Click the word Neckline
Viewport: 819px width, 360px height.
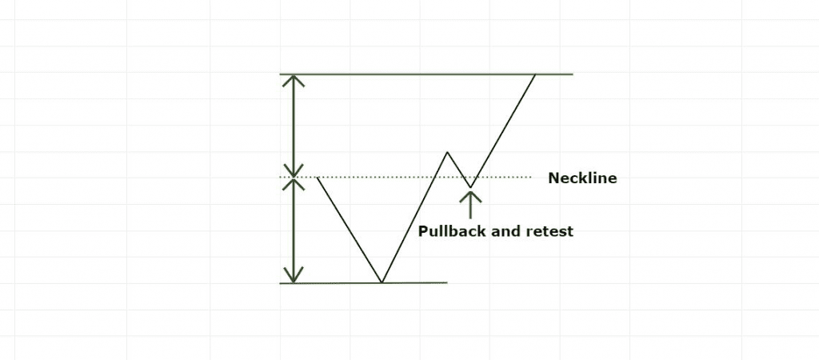tap(582, 178)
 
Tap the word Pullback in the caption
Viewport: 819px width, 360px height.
tap(448, 231)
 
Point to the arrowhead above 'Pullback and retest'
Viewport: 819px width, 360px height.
tap(471, 195)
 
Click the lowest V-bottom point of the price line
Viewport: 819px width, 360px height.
tap(382, 282)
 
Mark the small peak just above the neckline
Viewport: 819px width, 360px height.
tap(447, 152)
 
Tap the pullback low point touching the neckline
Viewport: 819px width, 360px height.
tap(470, 187)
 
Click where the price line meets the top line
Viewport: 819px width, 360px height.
tap(535, 74)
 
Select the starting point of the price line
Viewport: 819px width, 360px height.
tap(318, 178)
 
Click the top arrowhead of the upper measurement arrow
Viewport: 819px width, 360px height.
tap(293, 79)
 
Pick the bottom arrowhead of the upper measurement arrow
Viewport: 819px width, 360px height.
tap(293, 171)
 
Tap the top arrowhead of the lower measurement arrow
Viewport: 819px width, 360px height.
tap(293, 184)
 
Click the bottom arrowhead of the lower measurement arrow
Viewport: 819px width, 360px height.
tap(293, 276)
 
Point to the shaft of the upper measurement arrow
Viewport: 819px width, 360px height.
tap(293, 126)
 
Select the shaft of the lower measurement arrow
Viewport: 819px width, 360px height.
tap(293, 230)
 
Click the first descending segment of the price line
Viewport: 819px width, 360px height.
tap(350, 230)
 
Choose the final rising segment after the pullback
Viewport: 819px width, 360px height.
tap(503, 130)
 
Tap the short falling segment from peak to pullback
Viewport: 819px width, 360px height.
tap(458, 170)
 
